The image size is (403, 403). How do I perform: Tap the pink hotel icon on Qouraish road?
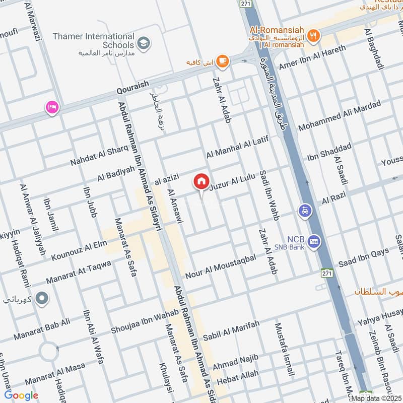(x=52, y=107)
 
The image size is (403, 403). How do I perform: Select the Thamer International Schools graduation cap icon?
(x=144, y=43)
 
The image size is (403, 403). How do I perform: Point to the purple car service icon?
(x=304, y=210)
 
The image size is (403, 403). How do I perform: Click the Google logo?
(x=21, y=395)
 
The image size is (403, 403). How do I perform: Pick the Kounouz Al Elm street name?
(x=79, y=251)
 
